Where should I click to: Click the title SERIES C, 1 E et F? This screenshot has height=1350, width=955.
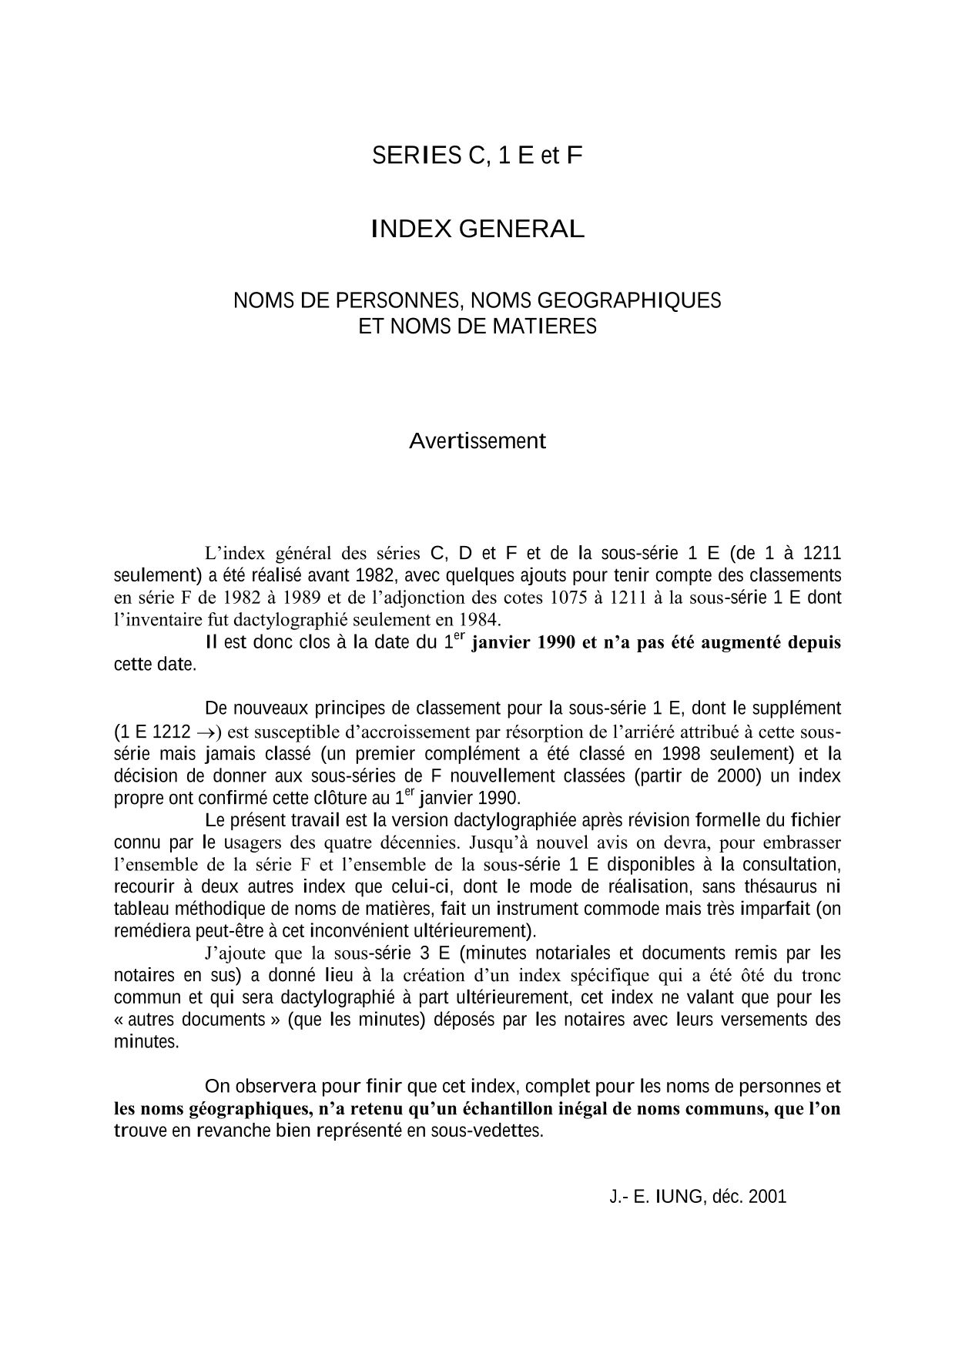(477, 156)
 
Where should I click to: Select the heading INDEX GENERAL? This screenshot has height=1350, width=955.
(477, 229)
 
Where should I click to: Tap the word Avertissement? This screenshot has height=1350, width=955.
(477, 441)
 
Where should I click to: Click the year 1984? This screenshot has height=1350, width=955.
(478, 619)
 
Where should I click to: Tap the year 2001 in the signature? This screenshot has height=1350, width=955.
(767, 1197)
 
